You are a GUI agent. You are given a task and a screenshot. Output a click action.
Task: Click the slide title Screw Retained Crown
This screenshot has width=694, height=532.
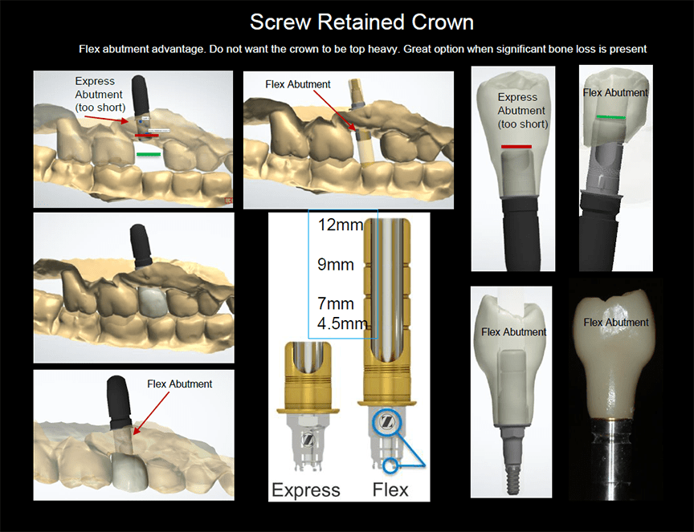pos(361,21)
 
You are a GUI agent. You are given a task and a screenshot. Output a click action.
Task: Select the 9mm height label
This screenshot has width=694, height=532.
pos(336,264)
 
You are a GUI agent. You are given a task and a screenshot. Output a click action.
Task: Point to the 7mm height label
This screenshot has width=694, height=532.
pos(336,305)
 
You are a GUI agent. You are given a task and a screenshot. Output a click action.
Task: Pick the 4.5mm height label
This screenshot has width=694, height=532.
pos(341,324)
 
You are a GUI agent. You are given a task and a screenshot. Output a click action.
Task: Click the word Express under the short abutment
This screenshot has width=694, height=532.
pos(306,489)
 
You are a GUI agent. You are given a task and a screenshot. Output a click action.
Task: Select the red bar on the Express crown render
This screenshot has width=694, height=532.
pos(516,147)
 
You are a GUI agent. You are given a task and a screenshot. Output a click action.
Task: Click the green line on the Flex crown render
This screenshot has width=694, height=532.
pos(612,117)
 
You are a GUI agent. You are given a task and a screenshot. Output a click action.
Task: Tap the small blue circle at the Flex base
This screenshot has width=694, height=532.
pos(391,464)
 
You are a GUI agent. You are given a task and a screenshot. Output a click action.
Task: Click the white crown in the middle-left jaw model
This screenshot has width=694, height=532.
pos(151,300)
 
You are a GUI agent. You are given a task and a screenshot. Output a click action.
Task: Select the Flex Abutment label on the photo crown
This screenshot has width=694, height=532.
pos(616,323)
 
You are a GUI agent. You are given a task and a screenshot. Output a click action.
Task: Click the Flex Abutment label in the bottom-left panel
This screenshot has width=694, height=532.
pos(179,384)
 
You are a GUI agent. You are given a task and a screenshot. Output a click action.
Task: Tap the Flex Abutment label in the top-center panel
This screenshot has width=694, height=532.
pos(298,84)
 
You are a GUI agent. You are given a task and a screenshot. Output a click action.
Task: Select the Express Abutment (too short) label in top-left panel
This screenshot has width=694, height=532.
pos(99,94)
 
